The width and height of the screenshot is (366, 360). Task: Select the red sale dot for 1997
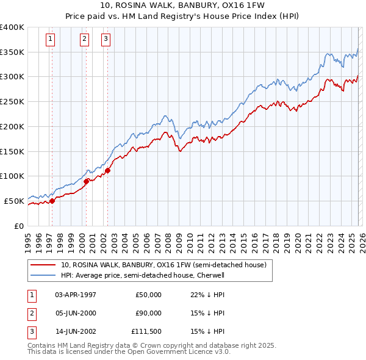tap(52, 200)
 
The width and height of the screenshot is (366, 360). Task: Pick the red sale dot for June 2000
tap(86, 181)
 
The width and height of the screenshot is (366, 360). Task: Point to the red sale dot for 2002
tap(108, 170)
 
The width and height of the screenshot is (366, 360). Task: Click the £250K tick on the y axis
tap(12, 102)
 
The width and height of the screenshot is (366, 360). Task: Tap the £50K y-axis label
tap(14, 201)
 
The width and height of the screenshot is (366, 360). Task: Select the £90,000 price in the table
tap(148, 313)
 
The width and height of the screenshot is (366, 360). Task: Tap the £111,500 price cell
tap(146, 331)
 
